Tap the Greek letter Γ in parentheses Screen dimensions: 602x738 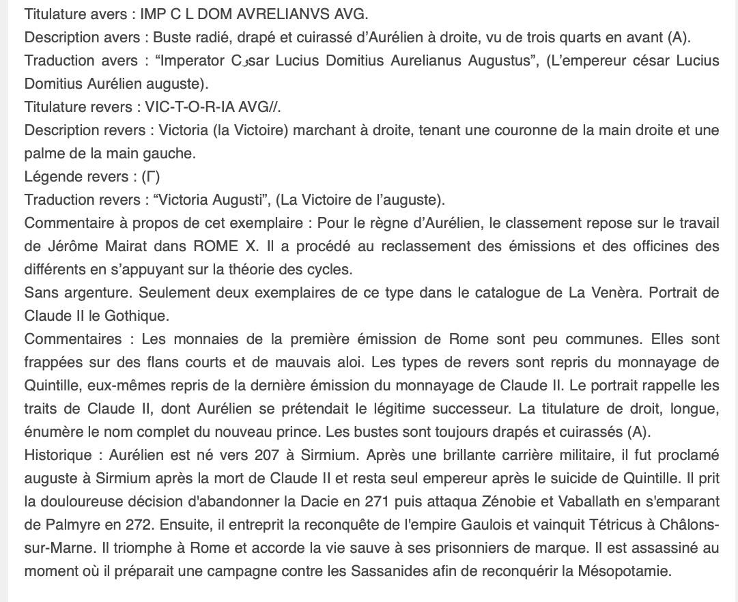pyautogui.click(x=151, y=176)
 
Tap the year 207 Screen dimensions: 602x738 pyautogui.click(x=266, y=455)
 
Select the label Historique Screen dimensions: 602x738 pyautogui.click(x=57, y=455)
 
